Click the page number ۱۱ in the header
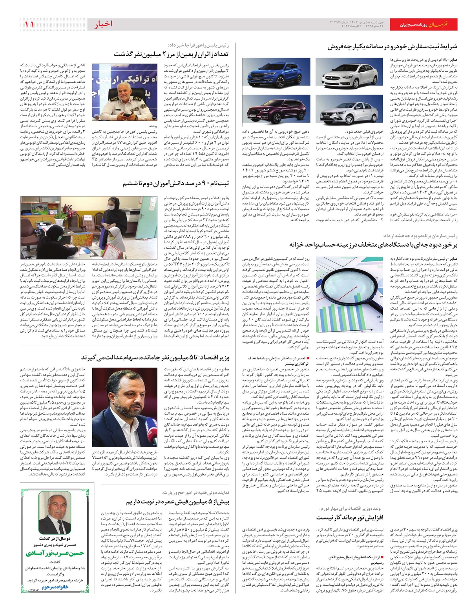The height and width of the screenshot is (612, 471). [29, 25]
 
